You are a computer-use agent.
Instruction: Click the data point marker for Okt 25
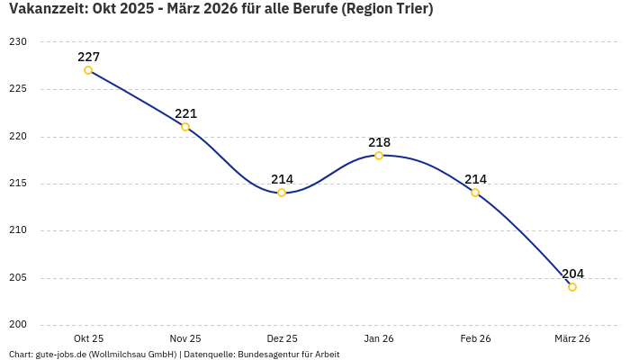[88, 70]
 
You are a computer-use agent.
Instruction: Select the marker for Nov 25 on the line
[185, 127]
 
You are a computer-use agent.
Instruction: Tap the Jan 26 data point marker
[379, 156]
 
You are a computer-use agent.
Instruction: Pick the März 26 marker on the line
[572, 287]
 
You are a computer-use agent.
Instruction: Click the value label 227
[88, 57]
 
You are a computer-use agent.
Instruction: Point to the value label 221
[185, 113]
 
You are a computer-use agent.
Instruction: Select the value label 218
[379, 142]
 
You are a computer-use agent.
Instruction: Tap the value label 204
[572, 274]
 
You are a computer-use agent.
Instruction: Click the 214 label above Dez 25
[282, 179]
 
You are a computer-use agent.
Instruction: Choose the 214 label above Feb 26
[475, 179]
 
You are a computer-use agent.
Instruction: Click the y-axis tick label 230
[19, 42]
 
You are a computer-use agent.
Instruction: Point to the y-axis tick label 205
[19, 278]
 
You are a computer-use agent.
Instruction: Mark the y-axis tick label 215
[19, 184]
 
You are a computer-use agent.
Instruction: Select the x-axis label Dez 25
[282, 338]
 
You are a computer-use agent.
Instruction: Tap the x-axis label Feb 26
[475, 338]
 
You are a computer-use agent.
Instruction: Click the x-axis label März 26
[572, 338]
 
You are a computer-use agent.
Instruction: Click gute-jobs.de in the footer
[60, 355]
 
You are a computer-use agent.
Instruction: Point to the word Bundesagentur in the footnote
[271, 355]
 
